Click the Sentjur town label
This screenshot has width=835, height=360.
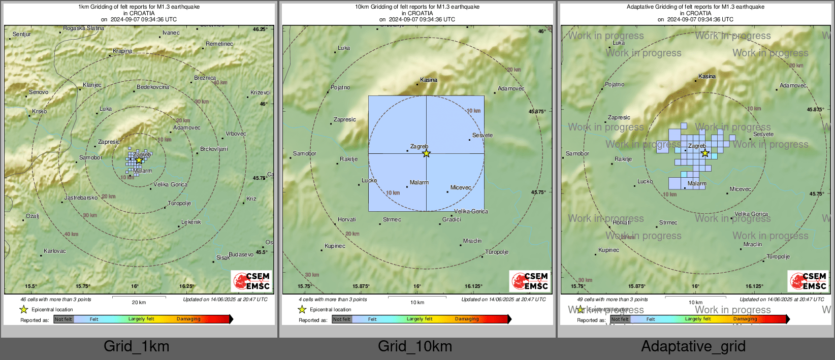[22, 35]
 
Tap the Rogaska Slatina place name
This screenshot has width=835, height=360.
[83, 28]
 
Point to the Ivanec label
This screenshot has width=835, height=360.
[171, 33]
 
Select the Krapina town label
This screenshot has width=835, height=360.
[122, 51]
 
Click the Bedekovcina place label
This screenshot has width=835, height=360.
[153, 87]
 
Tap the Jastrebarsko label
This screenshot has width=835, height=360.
[81, 198]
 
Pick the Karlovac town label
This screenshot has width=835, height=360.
[55, 251]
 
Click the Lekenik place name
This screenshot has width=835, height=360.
[191, 222]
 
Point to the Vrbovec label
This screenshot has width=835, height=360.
[236, 134]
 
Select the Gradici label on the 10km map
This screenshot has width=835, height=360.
[452, 220]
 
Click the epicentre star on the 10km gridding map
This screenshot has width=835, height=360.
[426, 153]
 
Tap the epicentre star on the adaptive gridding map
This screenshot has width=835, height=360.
[705, 153]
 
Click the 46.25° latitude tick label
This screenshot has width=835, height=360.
[260, 29]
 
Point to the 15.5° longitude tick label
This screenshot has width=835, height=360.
[31, 286]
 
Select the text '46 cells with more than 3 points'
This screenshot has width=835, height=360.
[56, 300]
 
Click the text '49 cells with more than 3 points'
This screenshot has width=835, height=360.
[613, 300]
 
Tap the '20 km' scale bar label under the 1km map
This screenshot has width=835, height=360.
[139, 303]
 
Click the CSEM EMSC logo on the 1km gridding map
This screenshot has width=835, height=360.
[252, 281]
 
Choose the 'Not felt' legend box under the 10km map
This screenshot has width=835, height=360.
[342, 319]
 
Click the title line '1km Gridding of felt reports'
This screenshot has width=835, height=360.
[139, 7]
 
